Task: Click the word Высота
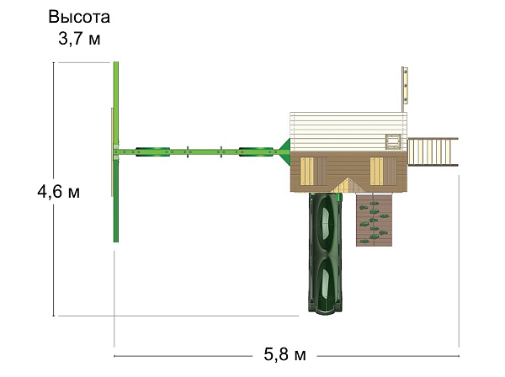(79, 18)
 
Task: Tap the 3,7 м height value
(79, 39)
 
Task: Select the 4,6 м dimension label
(58, 192)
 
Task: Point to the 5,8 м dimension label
(284, 353)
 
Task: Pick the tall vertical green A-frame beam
(116, 151)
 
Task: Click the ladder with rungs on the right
(433, 151)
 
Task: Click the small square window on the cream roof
(393, 141)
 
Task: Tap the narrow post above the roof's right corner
(405, 88)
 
